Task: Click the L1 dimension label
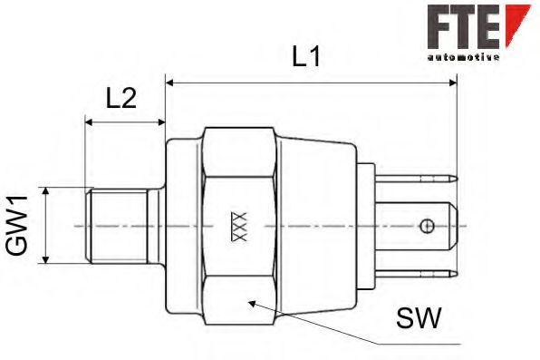point(305,55)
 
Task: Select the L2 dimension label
point(121,98)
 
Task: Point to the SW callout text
point(418,317)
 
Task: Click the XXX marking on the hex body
point(240,225)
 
